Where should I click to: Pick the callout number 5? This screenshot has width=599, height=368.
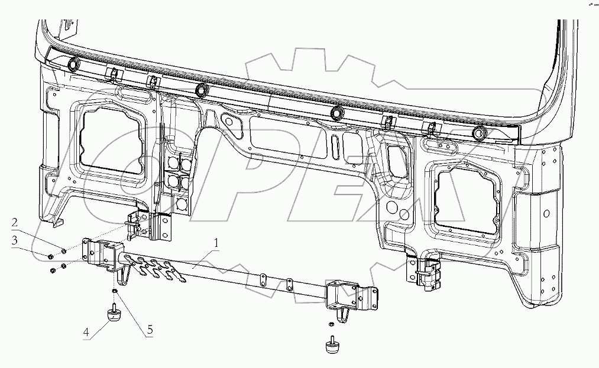click(150, 330)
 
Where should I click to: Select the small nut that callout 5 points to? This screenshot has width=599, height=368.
click(114, 291)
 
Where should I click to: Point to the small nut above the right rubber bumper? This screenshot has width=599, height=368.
click(332, 323)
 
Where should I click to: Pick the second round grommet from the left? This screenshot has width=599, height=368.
click(202, 88)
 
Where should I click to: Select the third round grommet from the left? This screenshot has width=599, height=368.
click(336, 112)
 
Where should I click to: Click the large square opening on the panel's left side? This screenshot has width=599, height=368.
click(114, 141)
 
